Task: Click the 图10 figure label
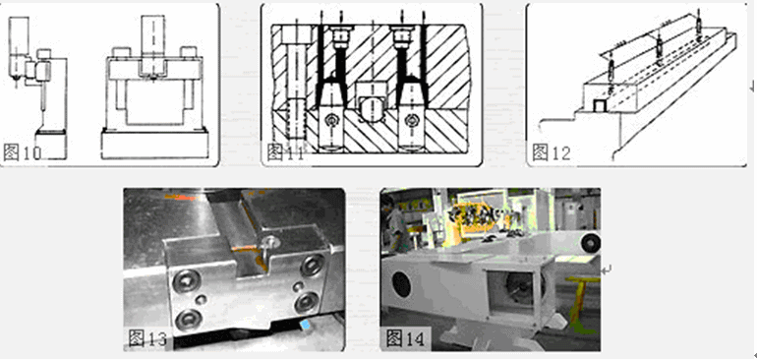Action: (23, 152)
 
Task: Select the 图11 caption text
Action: (286, 152)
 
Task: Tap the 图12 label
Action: (552, 152)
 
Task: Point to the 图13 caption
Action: (147, 337)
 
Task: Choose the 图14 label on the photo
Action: (405, 337)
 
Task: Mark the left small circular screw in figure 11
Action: (331, 119)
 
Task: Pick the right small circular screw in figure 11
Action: (412, 119)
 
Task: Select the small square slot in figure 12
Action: (600, 106)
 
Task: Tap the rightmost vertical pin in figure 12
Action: (698, 23)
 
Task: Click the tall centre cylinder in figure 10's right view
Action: (153, 44)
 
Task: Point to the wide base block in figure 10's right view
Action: (155, 144)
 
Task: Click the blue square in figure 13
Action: (304, 325)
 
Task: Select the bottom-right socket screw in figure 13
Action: (307, 303)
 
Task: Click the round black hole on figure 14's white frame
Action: (402, 285)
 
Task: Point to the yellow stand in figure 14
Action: (579, 300)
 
